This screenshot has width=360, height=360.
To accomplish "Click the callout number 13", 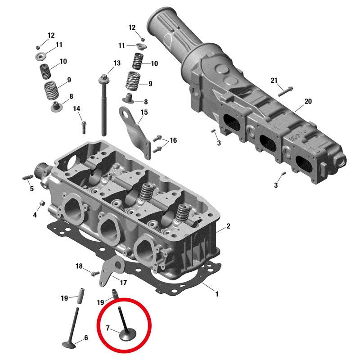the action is pos(117,63).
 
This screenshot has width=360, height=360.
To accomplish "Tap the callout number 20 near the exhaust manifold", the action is pos(308,101).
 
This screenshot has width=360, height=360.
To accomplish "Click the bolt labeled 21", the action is pos(285,91).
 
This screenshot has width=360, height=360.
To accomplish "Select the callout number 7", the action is pos(108,328).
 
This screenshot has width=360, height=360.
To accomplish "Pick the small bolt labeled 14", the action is pos(84,127).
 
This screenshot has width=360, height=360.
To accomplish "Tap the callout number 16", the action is pos(173,140).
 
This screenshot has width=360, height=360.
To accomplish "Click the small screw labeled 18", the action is pos(95,274).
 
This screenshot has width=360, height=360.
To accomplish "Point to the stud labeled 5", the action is pos(28,177).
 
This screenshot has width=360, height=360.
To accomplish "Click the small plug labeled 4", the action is pos(42,203).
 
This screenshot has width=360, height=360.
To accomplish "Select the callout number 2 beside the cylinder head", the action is pos(228,226).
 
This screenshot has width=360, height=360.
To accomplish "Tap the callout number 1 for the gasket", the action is pos(216,294).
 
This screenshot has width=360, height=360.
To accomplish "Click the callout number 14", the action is pos(76,108).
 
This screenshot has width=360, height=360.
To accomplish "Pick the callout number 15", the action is pos(144,112).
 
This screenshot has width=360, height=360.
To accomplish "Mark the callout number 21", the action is pos(274,81).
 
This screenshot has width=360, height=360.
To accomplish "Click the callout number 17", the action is pos(123,283).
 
